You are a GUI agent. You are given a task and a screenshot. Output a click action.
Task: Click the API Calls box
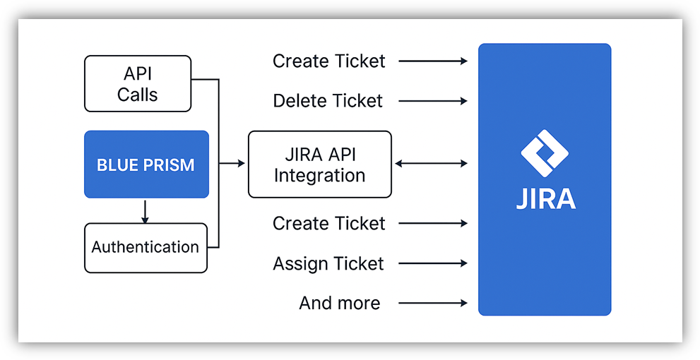point(138,83)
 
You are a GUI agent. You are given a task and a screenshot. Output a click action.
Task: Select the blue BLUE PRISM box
point(146,164)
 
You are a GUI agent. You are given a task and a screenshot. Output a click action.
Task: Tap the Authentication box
point(146,248)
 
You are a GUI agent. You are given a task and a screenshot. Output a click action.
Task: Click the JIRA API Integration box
point(319,164)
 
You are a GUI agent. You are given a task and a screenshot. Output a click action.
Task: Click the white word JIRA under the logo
point(545,199)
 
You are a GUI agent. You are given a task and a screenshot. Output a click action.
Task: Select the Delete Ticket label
point(328,101)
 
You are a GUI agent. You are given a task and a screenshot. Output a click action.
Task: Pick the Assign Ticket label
point(328,264)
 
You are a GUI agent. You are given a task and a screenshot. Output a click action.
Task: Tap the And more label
point(339,304)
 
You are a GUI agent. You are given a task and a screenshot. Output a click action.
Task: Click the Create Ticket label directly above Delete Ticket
point(329,61)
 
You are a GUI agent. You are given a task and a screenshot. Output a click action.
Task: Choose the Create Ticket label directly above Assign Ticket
point(329,224)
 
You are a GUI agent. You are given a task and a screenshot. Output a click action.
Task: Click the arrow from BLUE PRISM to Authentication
point(145,210)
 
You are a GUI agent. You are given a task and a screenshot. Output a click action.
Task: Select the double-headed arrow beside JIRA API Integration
point(431,164)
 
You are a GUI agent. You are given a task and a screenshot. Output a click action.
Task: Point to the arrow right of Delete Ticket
point(433,101)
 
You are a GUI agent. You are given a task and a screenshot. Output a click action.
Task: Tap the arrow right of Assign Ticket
point(433,264)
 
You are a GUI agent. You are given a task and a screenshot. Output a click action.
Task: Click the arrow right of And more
point(433,304)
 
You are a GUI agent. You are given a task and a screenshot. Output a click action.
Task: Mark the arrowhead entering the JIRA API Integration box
point(242,164)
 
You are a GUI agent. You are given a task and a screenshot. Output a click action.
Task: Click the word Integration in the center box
point(319,176)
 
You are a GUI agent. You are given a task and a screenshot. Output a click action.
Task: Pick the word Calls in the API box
point(138,95)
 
